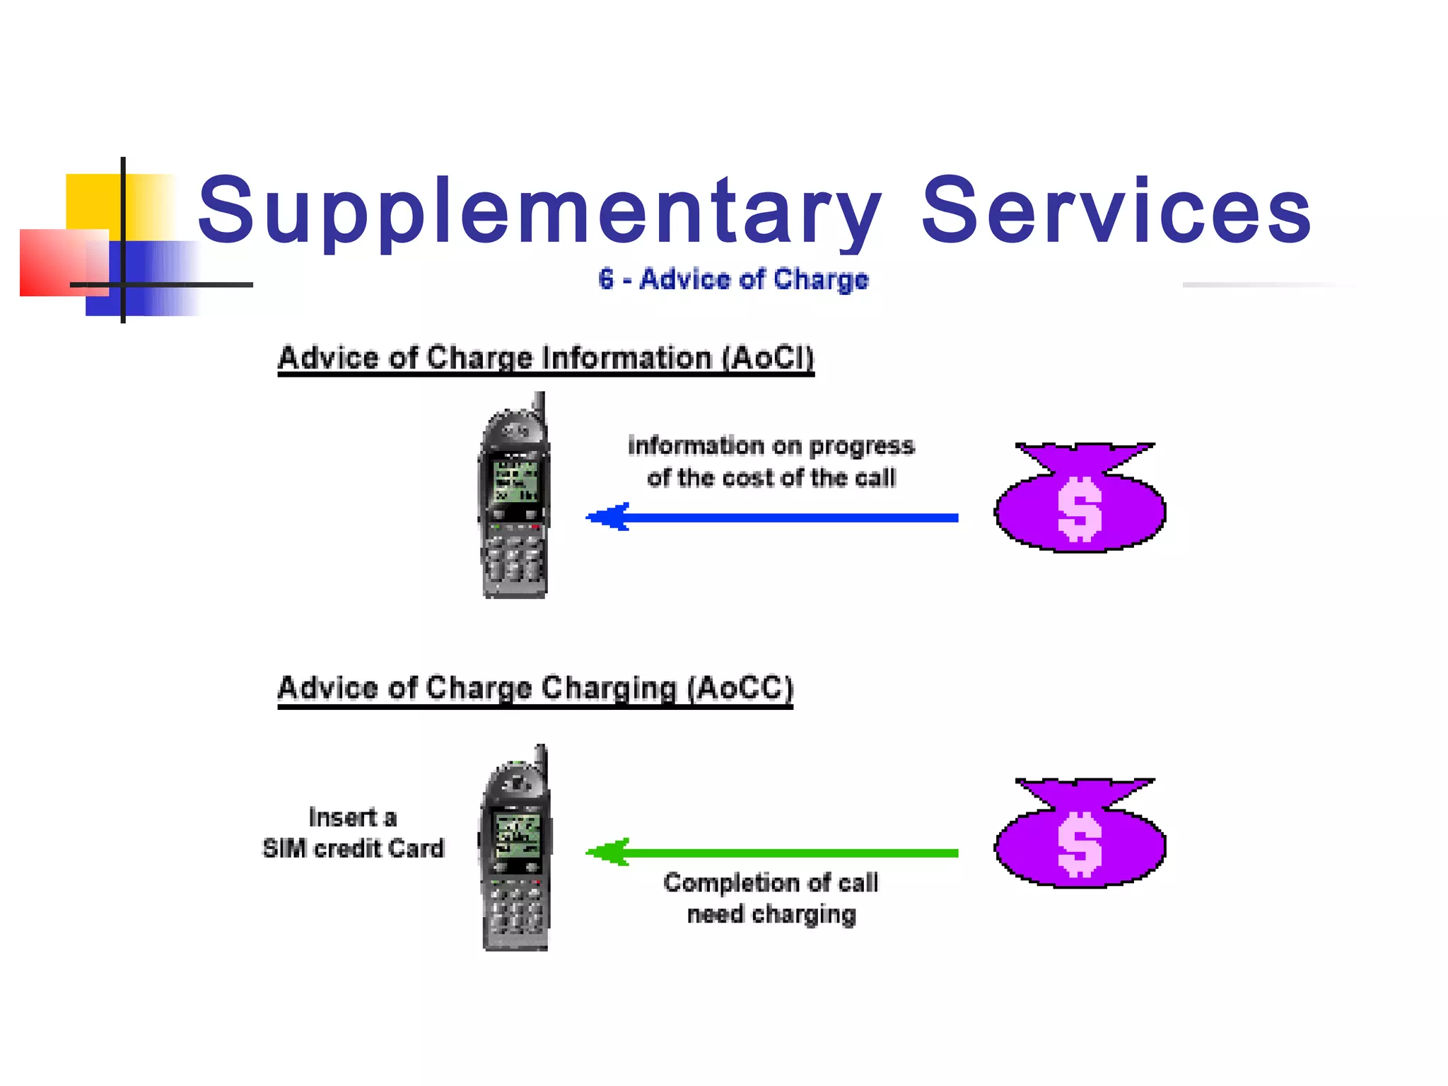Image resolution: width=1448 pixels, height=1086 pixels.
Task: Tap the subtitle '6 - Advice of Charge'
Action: [733, 279]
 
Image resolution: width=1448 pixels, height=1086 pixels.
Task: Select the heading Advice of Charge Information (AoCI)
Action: [545, 357]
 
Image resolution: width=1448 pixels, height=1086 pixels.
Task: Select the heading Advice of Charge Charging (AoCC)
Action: [535, 687]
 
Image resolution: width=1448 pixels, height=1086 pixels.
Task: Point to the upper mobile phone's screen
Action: [515, 481]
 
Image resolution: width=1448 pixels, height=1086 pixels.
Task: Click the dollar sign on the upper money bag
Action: [1079, 509]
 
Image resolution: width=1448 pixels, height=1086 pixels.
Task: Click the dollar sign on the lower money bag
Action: [1079, 844]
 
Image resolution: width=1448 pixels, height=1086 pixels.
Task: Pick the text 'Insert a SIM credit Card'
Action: [353, 833]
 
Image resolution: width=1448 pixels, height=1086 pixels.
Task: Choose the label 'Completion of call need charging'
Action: [771, 898]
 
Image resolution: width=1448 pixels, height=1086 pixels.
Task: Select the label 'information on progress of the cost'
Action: [771, 462]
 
